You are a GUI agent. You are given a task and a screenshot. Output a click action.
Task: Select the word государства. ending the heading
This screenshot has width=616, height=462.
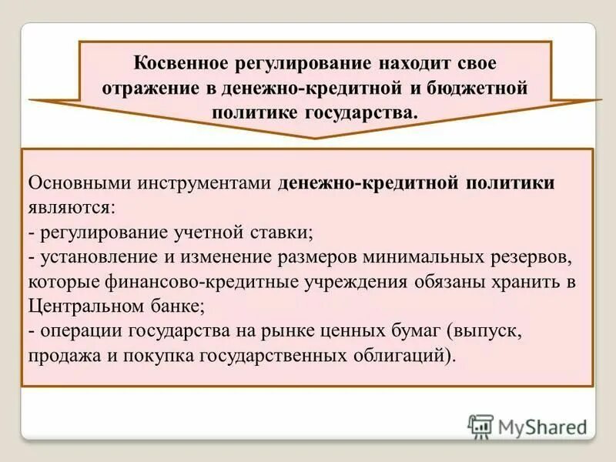click(x=372, y=112)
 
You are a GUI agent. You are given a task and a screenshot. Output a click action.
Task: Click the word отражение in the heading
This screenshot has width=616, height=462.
click(x=148, y=87)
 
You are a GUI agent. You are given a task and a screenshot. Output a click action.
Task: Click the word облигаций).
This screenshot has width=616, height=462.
click(x=413, y=357)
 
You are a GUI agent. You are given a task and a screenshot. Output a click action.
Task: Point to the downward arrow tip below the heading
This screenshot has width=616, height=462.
click(x=316, y=136)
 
